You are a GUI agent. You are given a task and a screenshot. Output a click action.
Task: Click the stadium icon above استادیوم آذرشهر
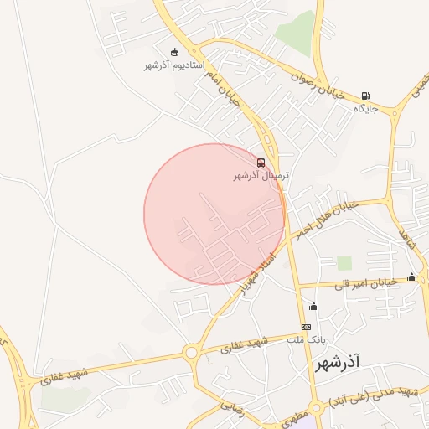point(174,53)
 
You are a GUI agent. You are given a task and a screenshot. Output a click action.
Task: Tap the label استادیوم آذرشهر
point(174,65)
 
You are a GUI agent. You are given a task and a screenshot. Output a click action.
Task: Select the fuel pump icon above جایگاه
point(364,96)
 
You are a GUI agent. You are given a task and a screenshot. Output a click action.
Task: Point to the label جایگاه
point(365,109)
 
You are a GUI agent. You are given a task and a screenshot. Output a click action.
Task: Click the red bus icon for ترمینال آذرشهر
point(261,163)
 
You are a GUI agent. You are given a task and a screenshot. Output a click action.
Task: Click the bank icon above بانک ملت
point(306,327)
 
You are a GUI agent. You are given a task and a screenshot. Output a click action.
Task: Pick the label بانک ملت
point(306,340)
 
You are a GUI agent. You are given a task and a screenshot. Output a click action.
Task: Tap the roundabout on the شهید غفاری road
point(191,353)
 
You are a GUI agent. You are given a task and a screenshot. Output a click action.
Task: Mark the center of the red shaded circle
point(214,214)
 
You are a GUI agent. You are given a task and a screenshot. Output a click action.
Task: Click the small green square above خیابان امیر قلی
point(344,263)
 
